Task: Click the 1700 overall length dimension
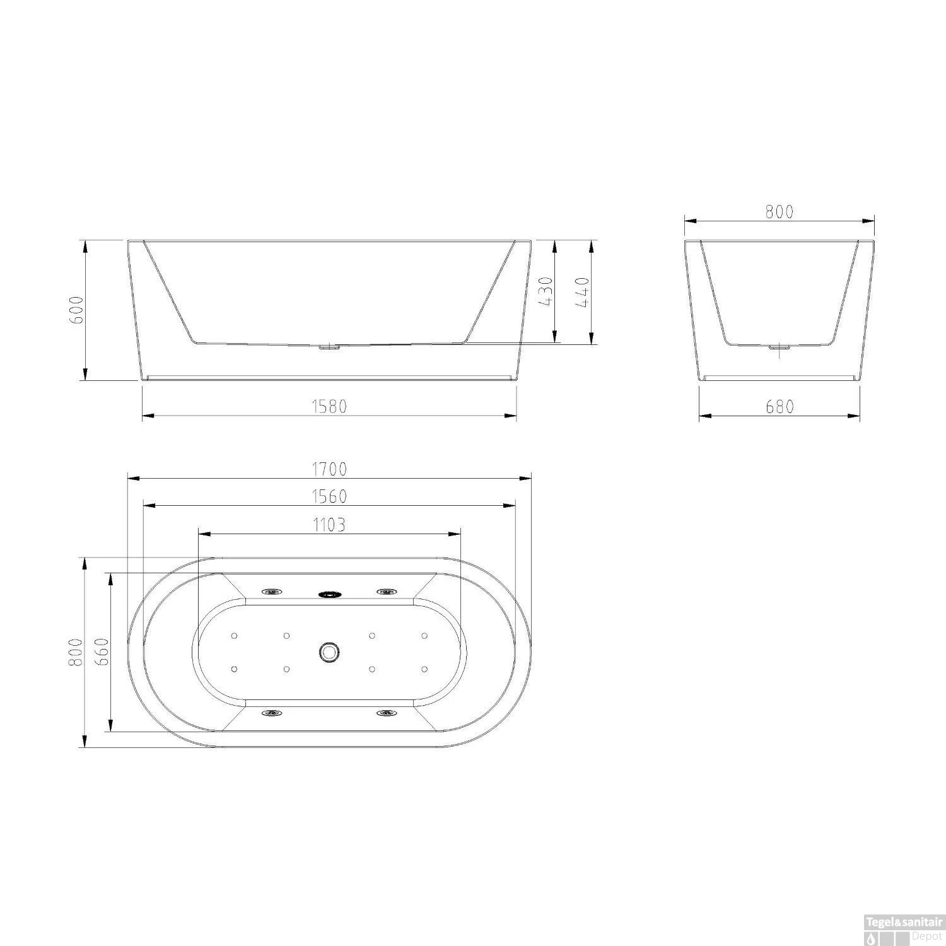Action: pyautogui.click(x=329, y=469)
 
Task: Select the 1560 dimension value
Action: pyautogui.click(x=329, y=497)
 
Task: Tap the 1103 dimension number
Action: pyautogui.click(x=329, y=525)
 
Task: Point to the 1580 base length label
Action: pyautogui.click(x=329, y=407)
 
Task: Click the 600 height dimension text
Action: pyautogui.click(x=76, y=310)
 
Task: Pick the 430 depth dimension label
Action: pyautogui.click(x=546, y=291)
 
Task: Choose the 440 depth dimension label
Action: pyautogui.click(x=582, y=291)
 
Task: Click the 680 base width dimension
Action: pyautogui.click(x=780, y=407)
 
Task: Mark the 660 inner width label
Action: pyautogui.click(x=103, y=652)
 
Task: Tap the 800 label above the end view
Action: pyautogui.click(x=780, y=212)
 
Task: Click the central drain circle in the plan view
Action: pyautogui.click(x=329, y=652)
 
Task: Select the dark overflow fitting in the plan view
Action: pyautogui.click(x=329, y=593)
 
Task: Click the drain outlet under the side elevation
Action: pyautogui.click(x=329, y=346)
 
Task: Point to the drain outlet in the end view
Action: pyautogui.click(x=780, y=347)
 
